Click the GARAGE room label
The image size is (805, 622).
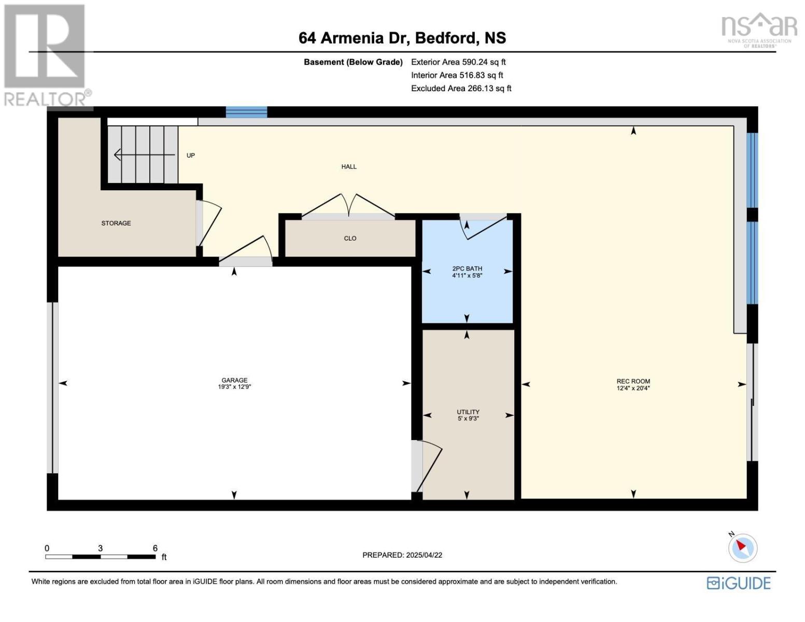234,380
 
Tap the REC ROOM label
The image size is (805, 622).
633,381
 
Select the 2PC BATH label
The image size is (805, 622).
467,268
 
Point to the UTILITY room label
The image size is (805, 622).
468,412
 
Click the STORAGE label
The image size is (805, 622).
116,223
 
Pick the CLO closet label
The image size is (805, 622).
350,238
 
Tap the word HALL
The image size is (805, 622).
349,167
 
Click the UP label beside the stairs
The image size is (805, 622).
190,155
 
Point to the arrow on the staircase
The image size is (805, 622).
144,154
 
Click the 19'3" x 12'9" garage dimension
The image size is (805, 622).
234,387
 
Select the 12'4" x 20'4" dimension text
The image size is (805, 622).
633,388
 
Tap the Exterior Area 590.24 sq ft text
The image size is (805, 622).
458,62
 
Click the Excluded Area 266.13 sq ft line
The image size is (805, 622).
461,88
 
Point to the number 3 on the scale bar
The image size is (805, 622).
100,548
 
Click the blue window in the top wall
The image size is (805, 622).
246,112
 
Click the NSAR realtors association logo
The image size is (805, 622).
759,30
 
